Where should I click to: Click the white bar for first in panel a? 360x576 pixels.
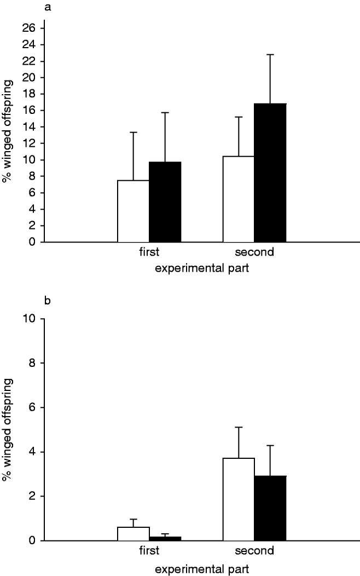point(133,211)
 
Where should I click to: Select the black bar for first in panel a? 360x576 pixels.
point(165,202)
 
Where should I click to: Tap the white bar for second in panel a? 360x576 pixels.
point(239,199)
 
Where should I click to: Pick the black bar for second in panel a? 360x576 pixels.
point(270,173)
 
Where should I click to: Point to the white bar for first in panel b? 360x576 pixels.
point(133,534)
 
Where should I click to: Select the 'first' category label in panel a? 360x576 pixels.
point(148,253)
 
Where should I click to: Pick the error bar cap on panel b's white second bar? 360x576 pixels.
point(239,427)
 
